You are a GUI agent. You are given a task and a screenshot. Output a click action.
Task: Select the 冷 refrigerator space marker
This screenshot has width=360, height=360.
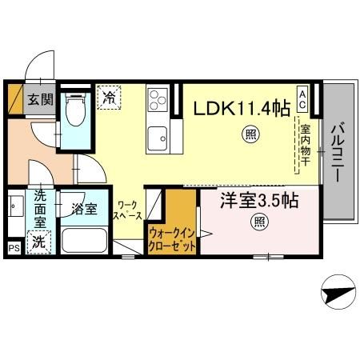[109, 98]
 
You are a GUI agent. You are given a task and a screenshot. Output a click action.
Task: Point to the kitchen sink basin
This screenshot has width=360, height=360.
[157, 134]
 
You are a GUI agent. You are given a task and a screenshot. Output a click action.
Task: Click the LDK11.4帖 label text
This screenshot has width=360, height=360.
[239, 108]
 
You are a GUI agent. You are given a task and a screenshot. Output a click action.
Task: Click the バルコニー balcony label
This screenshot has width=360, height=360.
[337, 152]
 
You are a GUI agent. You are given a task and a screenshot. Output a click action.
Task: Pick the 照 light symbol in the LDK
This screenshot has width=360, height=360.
[250, 135]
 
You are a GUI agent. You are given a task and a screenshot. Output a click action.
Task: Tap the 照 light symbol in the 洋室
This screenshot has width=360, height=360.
[258, 222]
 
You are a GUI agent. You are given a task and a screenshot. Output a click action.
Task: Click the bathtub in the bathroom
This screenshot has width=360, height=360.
[85, 242]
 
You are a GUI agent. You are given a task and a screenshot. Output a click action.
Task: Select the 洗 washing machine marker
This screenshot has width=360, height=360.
[37, 241]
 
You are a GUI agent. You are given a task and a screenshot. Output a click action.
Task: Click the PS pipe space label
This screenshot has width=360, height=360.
[13, 249]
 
